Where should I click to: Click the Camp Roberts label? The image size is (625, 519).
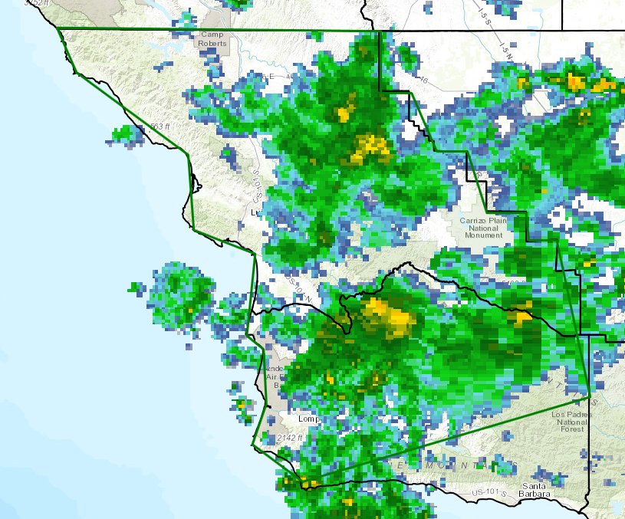tap(212, 39)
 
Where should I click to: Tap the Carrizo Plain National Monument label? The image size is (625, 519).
tap(483, 227)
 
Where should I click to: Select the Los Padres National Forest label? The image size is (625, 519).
tap(571, 422)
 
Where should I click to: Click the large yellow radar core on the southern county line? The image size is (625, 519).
tap(388, 317)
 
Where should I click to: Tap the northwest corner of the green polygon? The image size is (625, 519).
tap(58, 28)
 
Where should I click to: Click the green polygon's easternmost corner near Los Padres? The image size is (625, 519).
tap(590, 396)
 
